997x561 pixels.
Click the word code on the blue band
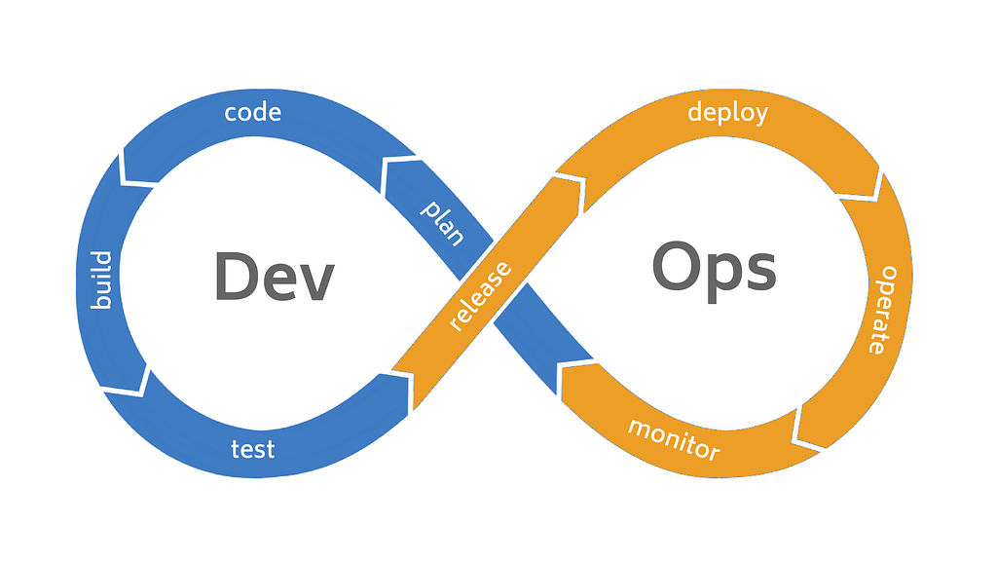(x=252, y=112)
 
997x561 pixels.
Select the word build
(x=101, y=280)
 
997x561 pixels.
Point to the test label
(x=252, y=449)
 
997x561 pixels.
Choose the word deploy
(x=727, y=112)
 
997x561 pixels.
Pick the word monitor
(x=673, y=439)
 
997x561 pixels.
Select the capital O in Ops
(x=679, y=266)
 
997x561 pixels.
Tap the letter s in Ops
(x=757, y=272)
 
